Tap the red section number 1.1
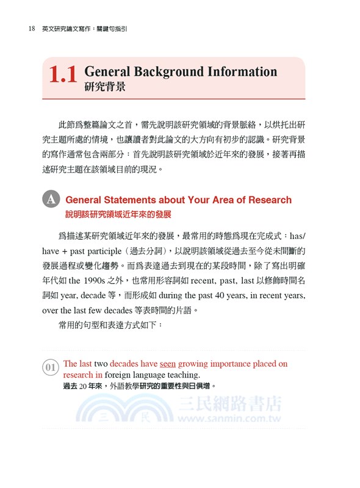point(63,76)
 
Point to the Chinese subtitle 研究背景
point(105,87)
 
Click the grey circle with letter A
point(51,199)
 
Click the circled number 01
point(51,367)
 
